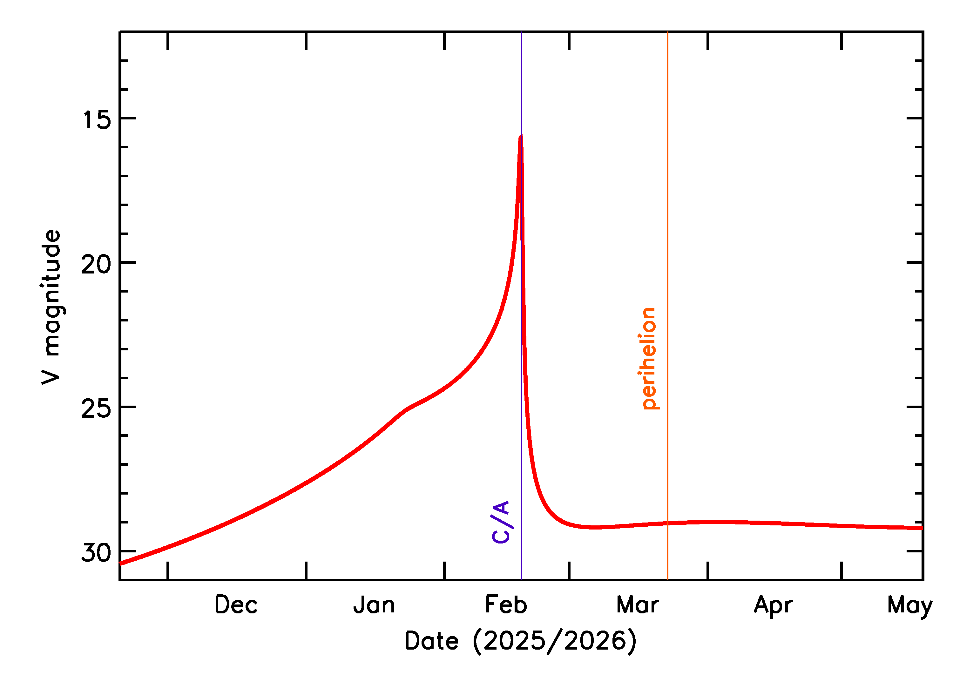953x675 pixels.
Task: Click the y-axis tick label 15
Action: click(x=97, y=120)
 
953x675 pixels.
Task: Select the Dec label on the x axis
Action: click(x=236, y=605)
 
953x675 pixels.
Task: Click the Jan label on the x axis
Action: click(x=374, y=605)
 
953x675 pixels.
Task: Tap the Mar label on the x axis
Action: click(x=637, y=605)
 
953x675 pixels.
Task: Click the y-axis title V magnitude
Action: click(x=51, y=307)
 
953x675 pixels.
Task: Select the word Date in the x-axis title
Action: click(x=431, y=641)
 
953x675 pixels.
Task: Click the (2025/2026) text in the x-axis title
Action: click(x=555, y=641)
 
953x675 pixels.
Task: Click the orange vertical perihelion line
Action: click(x=667, y=249)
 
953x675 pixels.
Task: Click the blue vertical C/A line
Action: click(x=522, y=457)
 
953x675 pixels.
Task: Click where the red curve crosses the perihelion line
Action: click(x=667, y=523)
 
